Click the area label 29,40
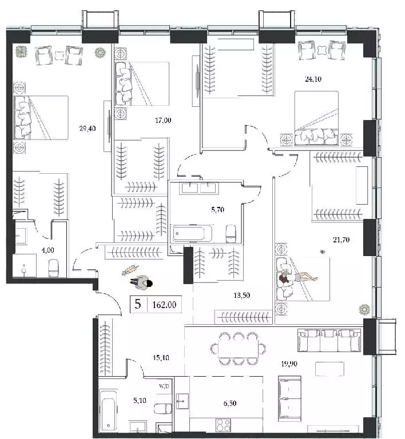point(88,129)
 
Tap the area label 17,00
point(163,121)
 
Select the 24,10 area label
point(313,79)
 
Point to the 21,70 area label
point(341,240)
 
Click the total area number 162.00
point(164,305)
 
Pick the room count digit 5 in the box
point(137,304)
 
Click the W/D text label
point(164,386)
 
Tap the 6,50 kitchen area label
point(229,403)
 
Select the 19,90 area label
point(289,364)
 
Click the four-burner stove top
point(223,425)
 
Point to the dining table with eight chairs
point(238,349)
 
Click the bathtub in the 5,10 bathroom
point(109,411)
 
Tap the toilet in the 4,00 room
point(54,268)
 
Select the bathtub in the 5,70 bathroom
point(189,233)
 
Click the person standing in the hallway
point(141,282)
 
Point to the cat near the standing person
point(130,270)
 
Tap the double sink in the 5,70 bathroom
point(199,188)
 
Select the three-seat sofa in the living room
point(329,341)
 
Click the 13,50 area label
point(242,296)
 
